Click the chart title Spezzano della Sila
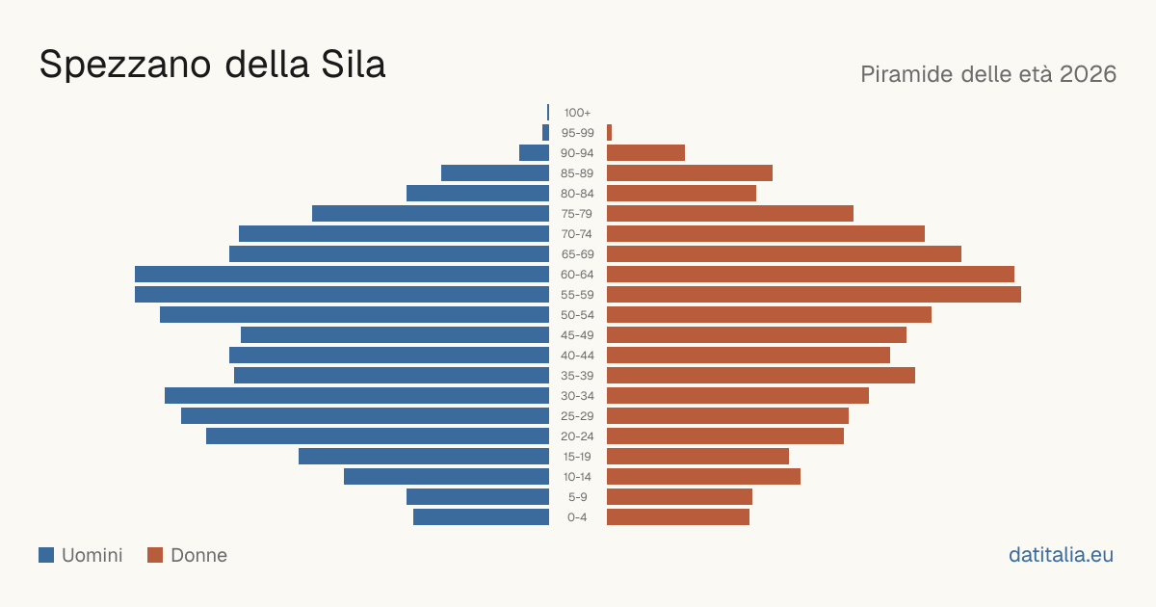[x=212, y=66]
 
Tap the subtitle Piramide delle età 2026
[x=988, y=74]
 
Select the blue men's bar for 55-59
[x=342, y=294]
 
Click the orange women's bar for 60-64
[x=810, y=274]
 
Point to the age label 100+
[x=577, y=113]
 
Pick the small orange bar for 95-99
[x=609, y=133]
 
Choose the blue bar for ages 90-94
[x=534, y=153]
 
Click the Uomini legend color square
[x=46, y=555]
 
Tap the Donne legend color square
[x=155, y=555]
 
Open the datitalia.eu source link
[x=1061, y=555]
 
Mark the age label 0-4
[x=577, y=517]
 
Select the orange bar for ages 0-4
[x=678, y=517]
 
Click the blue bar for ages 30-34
[x=356, y=395]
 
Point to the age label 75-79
[x=577, y=214]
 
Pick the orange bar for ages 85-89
[x=690, y=172]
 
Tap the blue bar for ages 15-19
[x=424, y=457]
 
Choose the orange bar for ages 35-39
[x=761, y=375]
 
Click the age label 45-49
[x=577, y=335]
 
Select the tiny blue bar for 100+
[x=548, y=113]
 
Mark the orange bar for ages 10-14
[x=703, y=476]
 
